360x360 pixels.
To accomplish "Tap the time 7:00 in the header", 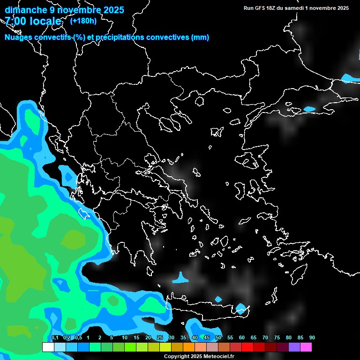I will [17, 21].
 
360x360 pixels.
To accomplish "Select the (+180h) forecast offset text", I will [83, 21].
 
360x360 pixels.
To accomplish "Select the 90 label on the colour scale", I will [312, 337].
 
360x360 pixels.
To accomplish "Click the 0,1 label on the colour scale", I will [54, 337].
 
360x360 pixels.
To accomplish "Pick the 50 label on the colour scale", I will [218, 337].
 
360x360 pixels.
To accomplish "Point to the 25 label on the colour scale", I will [159, 337].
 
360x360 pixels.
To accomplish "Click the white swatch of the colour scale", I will [48, 347].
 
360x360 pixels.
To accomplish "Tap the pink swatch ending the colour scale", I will [306, 347].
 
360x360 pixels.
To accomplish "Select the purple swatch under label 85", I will [294, 347].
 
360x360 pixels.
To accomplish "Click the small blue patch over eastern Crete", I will [241, 308].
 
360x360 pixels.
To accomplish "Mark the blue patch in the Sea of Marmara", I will [309, 109].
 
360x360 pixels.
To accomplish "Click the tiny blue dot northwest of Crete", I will [218, 299].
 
